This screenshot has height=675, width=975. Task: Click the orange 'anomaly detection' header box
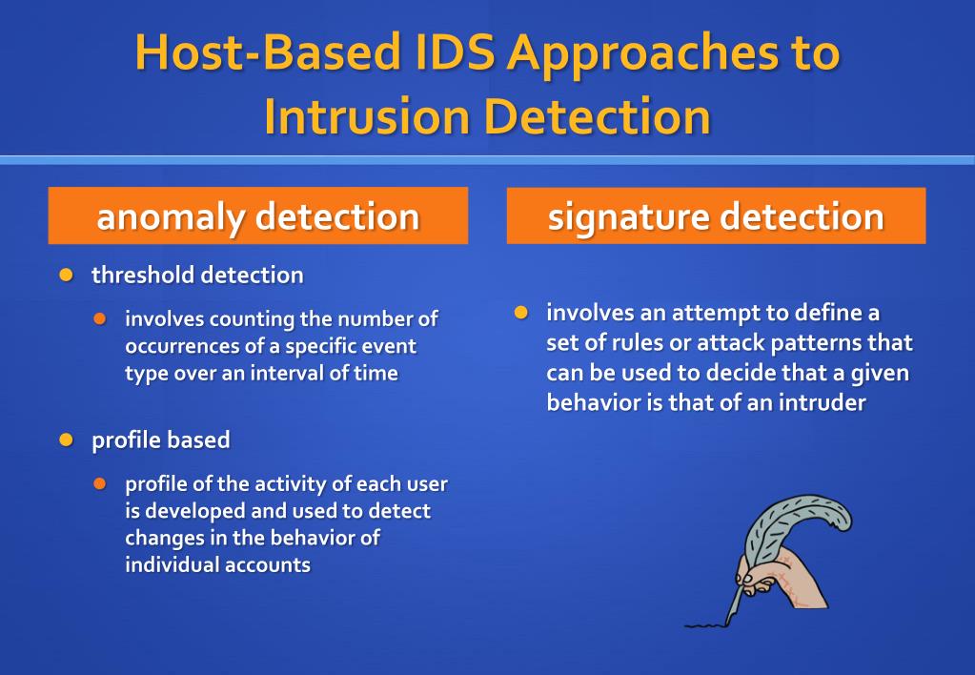(x=258, y=215)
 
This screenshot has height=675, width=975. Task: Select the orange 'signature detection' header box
(x=716, y=215)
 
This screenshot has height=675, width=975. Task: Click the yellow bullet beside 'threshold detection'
(x=66, y=276)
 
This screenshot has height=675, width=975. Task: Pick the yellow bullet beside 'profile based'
(x=66, y=440)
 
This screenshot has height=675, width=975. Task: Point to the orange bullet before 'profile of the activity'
(x=100, y=483)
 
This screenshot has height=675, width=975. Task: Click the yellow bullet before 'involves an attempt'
(x=520, y=313)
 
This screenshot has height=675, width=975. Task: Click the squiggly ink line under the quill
(x=706, y=624)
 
